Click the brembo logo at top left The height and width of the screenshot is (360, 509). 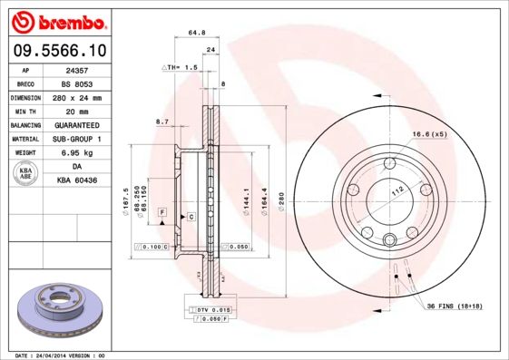pyautogui.click(x=56, y=21)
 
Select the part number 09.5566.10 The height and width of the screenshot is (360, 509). pyautogui.click(x=56, y=50)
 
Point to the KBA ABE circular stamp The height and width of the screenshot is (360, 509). pyautogui.click(x=26, y=174)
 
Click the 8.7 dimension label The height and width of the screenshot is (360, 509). pyautogui.click(x=162, y=121)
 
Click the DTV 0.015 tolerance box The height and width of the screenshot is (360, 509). pyautogui.click(x=210, y=310)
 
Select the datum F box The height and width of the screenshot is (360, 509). pyautogui.click(x=161, y=211)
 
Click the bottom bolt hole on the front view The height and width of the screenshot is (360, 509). pyautogui.click(x=389, y=239)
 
